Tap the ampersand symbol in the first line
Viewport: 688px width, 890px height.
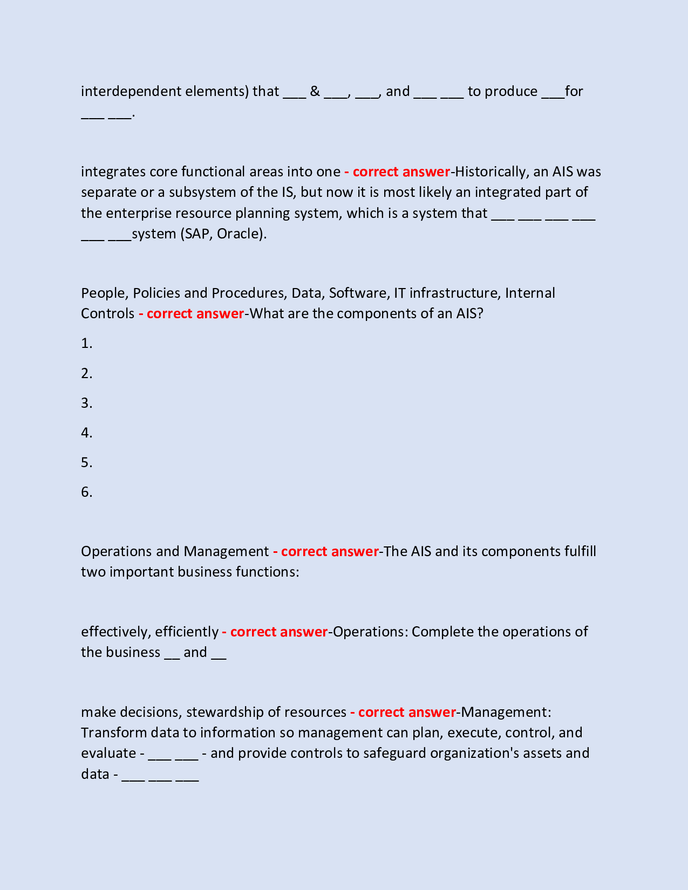tap(315, 91)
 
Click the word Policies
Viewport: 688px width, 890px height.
tap(156, 293)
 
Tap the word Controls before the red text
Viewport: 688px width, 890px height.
tap(107, 313)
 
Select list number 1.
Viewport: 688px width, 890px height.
tap(86, 344)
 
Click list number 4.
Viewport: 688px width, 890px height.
tap(86, 433)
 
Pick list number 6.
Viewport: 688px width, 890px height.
tap(86, 492)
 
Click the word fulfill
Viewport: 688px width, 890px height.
tap(580, 551)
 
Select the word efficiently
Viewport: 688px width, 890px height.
tap(187, 632)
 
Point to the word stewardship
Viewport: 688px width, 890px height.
tap(233, 712)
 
